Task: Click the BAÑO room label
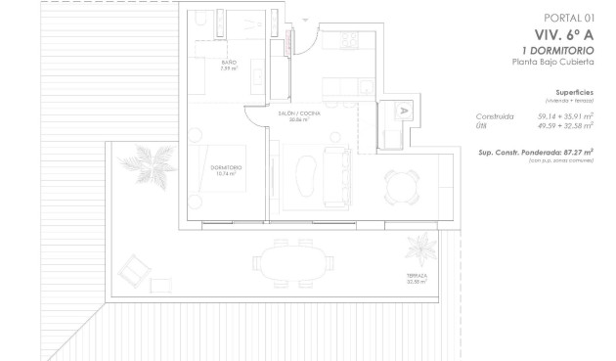pos(228,64)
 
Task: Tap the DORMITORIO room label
pos(226,167)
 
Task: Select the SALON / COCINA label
pos(300,113)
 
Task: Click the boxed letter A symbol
pos(403,112)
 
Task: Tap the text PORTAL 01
pos(569,17)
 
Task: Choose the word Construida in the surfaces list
pos(495,115)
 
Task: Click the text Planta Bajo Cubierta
pos(553,62)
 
